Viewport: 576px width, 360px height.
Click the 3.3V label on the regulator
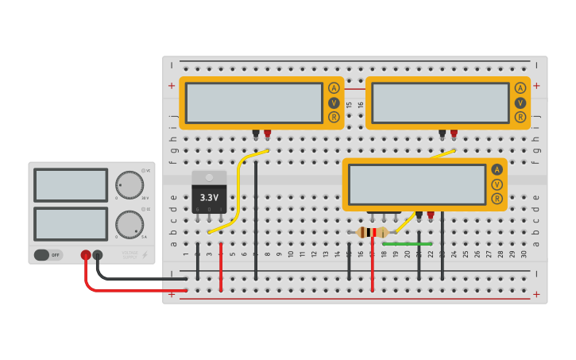point(209,197)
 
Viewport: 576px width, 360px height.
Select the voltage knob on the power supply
point(129,184)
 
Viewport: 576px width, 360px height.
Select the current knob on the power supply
point(129,224)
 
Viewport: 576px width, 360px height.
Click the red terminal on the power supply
point(86,255)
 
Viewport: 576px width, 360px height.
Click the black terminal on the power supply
point(98,255)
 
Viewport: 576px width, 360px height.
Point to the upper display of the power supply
point(71,185)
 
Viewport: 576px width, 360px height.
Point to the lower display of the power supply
point(71,223)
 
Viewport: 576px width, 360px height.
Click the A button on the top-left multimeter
point(334,88)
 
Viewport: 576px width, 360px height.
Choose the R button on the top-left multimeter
point(334,117)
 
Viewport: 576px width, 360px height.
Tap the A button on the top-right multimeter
point(520,88)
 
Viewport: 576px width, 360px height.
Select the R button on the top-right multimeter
point(520,117)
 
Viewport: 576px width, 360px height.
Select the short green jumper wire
point(408,243)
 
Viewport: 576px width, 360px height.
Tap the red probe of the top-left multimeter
point(268,133)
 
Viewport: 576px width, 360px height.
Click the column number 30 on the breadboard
point(524,254)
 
